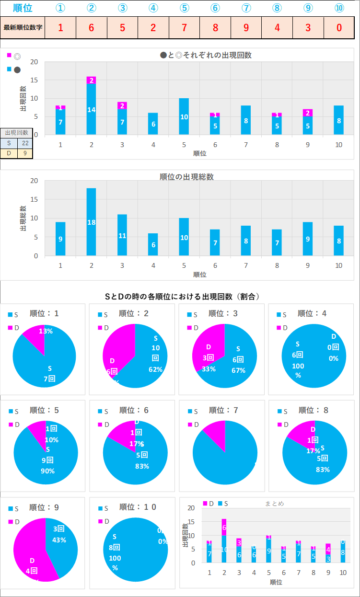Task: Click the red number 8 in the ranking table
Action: tap(215, 27)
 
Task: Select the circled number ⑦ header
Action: tap(246, 8)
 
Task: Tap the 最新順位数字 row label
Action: tap(23, 27)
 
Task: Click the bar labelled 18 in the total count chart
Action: tap(91, 222)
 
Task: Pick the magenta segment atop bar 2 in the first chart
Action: tap(91, 80)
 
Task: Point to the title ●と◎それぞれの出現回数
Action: tap(206, 55)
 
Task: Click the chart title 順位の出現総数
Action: tap(186, 177)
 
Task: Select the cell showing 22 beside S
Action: tap(25, 143)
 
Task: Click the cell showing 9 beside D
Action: tap(25, 153)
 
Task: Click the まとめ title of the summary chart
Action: tap(274, 504)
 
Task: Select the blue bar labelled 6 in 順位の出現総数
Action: tap(153, 244)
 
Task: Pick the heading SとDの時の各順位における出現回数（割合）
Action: tap(182, 297)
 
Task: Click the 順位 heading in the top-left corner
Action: tap(23, 8)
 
